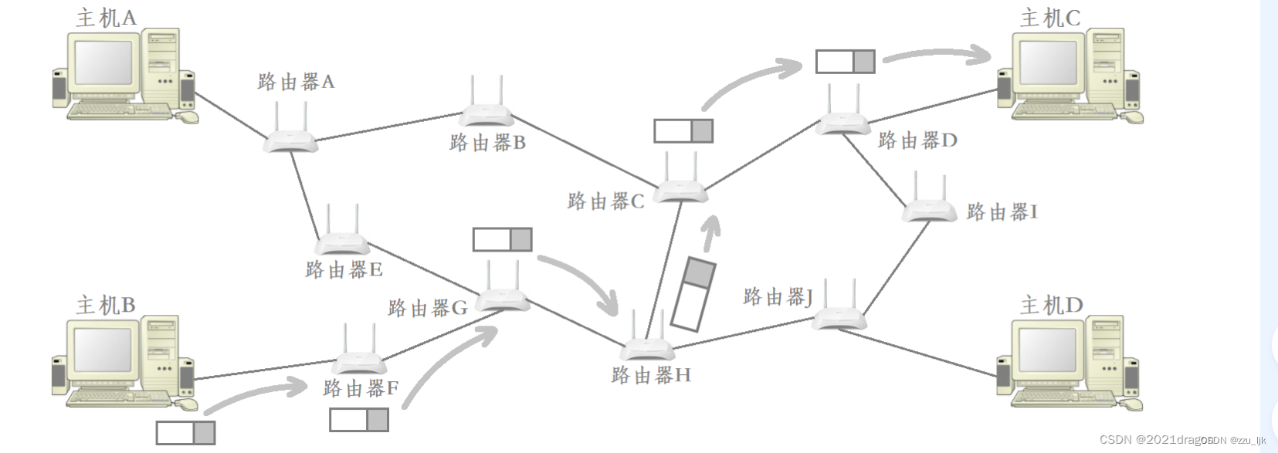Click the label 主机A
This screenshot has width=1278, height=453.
[x=106, y=17]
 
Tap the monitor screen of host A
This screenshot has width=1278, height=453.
[x=103, y=63]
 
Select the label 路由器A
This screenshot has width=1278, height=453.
[x=296, y=82]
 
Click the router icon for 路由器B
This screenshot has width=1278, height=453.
[x=487, y=114]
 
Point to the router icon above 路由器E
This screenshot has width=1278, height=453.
[x=342, y=242]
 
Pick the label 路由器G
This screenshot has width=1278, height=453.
[x=427, y=309]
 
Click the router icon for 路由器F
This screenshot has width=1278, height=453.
[x=359, y=360]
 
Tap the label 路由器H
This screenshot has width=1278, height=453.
[x=650, y=376]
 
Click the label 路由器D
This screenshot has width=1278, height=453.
[x=917, y=140]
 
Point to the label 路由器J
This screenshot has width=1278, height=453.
[x=778, y=297]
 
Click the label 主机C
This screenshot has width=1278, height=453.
[x=1049, y=18]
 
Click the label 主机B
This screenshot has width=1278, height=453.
[x=106, y=306]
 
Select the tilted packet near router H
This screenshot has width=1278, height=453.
[x=693, y=294]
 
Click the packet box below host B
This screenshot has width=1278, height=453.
[x=185, y=432]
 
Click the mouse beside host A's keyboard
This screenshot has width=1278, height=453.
[x=188, y=117]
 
